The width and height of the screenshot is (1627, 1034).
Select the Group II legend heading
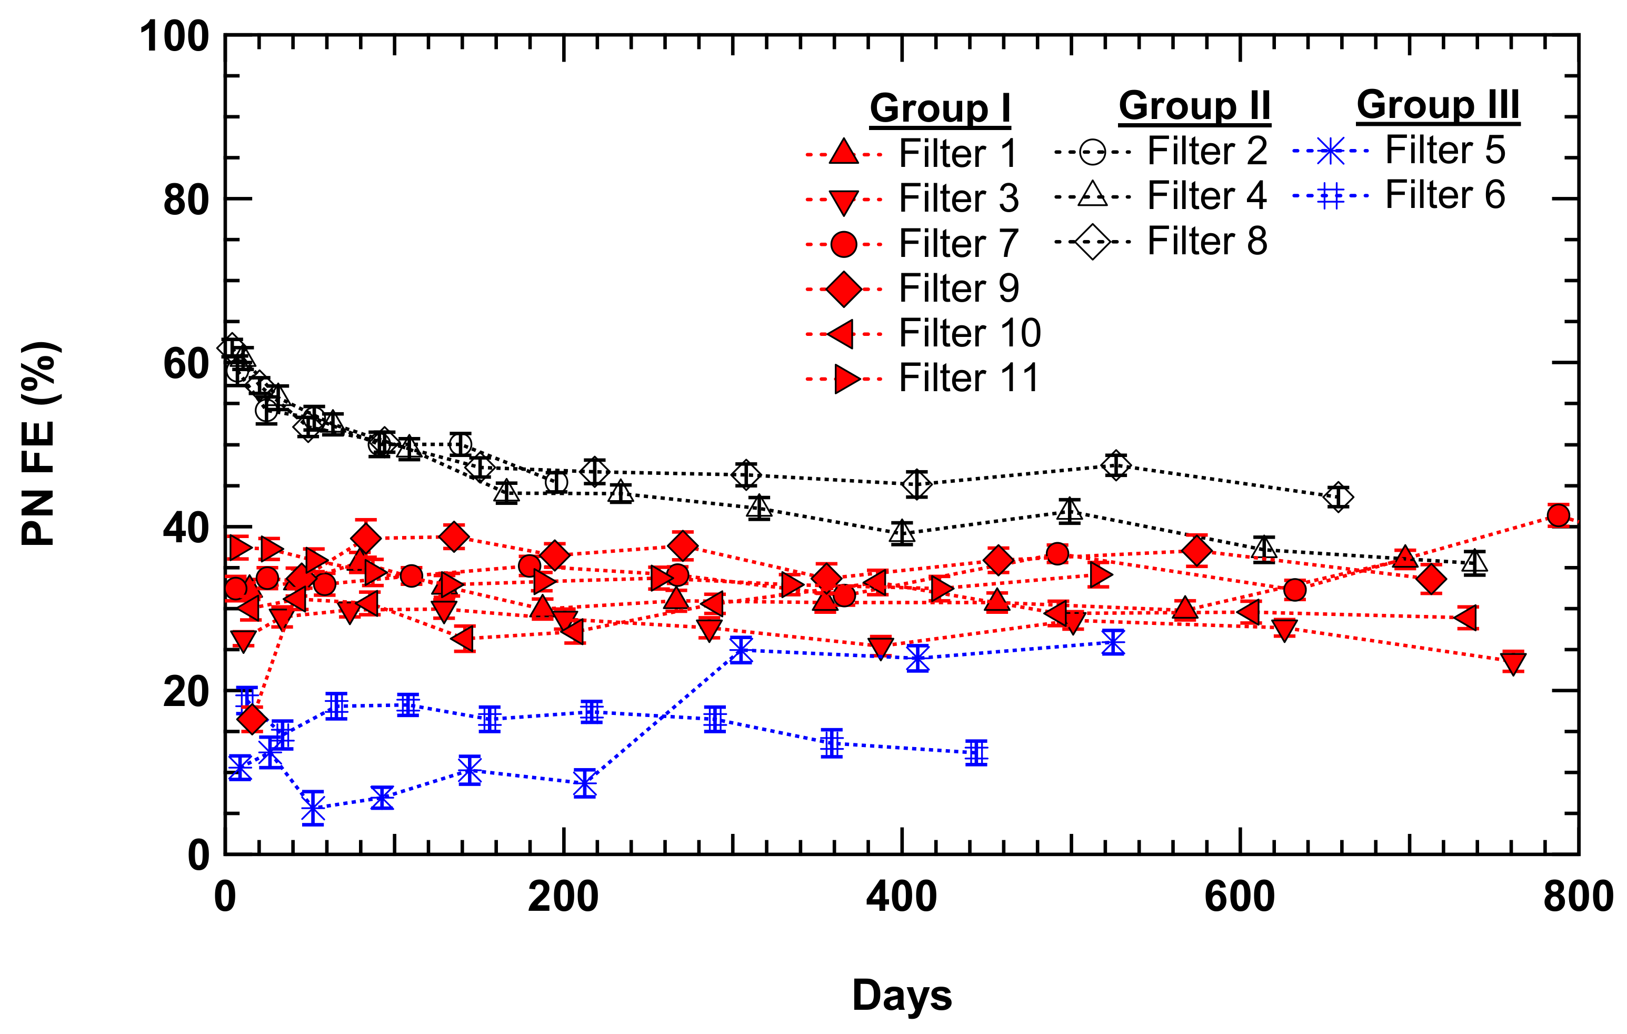(x=1194, y=106)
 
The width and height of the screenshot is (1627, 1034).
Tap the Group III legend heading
(x=1438, y=105)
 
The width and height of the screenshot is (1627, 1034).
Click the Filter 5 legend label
(x=1444, y=150)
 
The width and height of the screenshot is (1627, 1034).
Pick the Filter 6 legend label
(x=1444, y=195)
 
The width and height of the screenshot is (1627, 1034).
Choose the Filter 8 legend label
(x=1207, y=241)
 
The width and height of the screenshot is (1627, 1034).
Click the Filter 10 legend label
(x=970, y=333)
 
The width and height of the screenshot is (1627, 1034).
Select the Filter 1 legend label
(x=957, y=153)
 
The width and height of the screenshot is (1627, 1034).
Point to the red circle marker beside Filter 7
(x=843, y=244)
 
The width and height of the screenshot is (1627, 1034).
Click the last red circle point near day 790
(x=1558, y=515)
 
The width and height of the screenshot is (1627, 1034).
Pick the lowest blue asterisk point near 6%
(x=313, y=808)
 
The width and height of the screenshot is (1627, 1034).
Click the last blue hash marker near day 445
(x=976, y=752)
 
